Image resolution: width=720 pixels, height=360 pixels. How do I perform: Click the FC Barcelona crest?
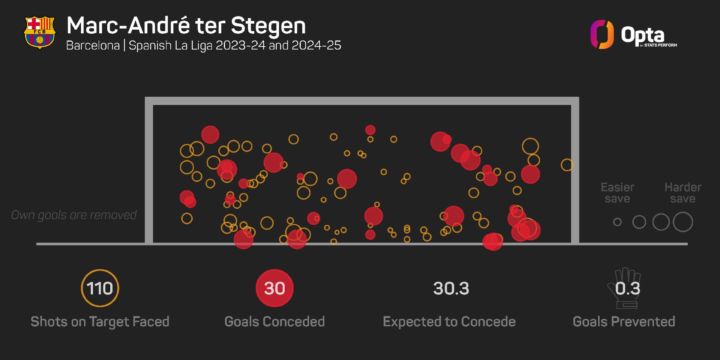click(x=40, y=32)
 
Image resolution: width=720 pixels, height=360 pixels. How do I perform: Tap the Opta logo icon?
click(x=602, y=34)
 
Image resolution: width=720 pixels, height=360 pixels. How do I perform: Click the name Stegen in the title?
click(x=268, y=25)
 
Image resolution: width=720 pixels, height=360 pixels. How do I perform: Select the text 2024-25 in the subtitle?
click(x=316, y=45)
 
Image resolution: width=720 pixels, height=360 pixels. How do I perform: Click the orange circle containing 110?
click(x=100, y=288)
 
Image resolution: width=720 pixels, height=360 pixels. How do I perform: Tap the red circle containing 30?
click(x=274, y=288)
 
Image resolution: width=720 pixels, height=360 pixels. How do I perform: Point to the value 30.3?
click(x=451, y=288)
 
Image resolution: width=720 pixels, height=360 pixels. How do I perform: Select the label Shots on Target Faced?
click(x=100, y=322)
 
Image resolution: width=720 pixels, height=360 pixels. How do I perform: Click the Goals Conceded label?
click(x=274, y=322)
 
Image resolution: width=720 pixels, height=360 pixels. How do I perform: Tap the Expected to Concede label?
click(x=449, y=322)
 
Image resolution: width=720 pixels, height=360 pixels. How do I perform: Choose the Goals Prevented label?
click(x=624, y=322)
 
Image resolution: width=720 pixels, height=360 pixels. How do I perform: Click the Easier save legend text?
click(x=617, y=193)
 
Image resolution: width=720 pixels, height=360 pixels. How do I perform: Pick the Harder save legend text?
click(x=682, y=193)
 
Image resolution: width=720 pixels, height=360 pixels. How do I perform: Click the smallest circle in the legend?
click(x=617, y=222)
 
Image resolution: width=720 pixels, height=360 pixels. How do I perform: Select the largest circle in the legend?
click(x=682, y=222)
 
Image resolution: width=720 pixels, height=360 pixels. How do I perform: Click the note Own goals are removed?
click(x=74, y=215)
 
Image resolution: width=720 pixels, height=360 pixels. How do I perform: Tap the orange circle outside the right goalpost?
click(x=567, y=165)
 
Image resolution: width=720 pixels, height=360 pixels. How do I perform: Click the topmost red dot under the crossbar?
click(x=370, y=130)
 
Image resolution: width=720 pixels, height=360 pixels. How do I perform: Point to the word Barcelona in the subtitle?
click(x=93, y=45)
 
